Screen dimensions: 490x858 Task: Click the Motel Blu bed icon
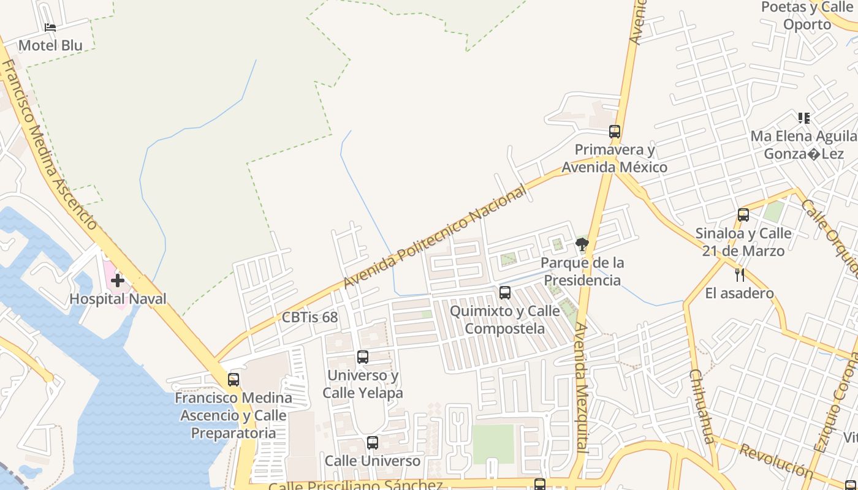50,28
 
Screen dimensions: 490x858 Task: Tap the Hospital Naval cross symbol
118,281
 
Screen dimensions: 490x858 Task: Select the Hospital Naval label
118,299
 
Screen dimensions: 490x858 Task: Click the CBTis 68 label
309,317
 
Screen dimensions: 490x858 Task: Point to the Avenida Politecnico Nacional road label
435,238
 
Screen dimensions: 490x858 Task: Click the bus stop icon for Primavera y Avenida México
615,132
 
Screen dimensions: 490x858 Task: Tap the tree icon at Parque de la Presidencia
582,245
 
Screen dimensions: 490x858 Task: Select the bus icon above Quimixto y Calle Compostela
504,293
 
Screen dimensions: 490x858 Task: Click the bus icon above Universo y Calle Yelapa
363,357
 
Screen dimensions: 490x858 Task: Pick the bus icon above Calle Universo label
373,443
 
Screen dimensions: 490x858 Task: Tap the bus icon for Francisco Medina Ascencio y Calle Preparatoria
233,380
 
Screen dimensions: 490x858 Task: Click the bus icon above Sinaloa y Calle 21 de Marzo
743,215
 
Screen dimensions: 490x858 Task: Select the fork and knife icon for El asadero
740,274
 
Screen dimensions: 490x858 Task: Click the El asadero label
739,293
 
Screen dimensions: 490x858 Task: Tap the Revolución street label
776,461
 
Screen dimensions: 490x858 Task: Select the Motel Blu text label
50,45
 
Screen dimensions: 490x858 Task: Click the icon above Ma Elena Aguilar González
804,118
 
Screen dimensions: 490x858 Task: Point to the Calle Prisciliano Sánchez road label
355,486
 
